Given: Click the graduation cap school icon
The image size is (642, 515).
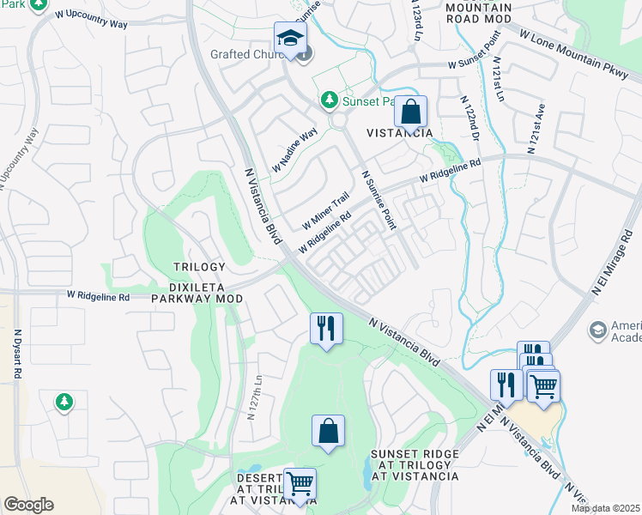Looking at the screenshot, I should point(291,39).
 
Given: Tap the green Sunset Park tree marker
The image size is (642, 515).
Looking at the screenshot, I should point(328,101).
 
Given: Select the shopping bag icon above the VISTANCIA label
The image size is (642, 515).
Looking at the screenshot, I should point(411,112).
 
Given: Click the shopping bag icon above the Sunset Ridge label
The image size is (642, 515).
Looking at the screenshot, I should point(328,432).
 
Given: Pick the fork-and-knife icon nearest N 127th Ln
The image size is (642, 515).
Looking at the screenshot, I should point(326,329).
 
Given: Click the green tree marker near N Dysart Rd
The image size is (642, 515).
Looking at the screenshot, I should point(64,401).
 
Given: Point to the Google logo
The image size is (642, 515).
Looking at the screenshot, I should point(28,505).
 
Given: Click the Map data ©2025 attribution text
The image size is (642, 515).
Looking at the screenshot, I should point(605,508).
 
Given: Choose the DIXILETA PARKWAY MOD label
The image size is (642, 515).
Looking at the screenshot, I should point(197,292).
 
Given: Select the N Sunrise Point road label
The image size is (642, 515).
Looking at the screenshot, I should point(379,199).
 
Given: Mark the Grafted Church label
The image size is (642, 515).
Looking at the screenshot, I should point(251,53).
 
